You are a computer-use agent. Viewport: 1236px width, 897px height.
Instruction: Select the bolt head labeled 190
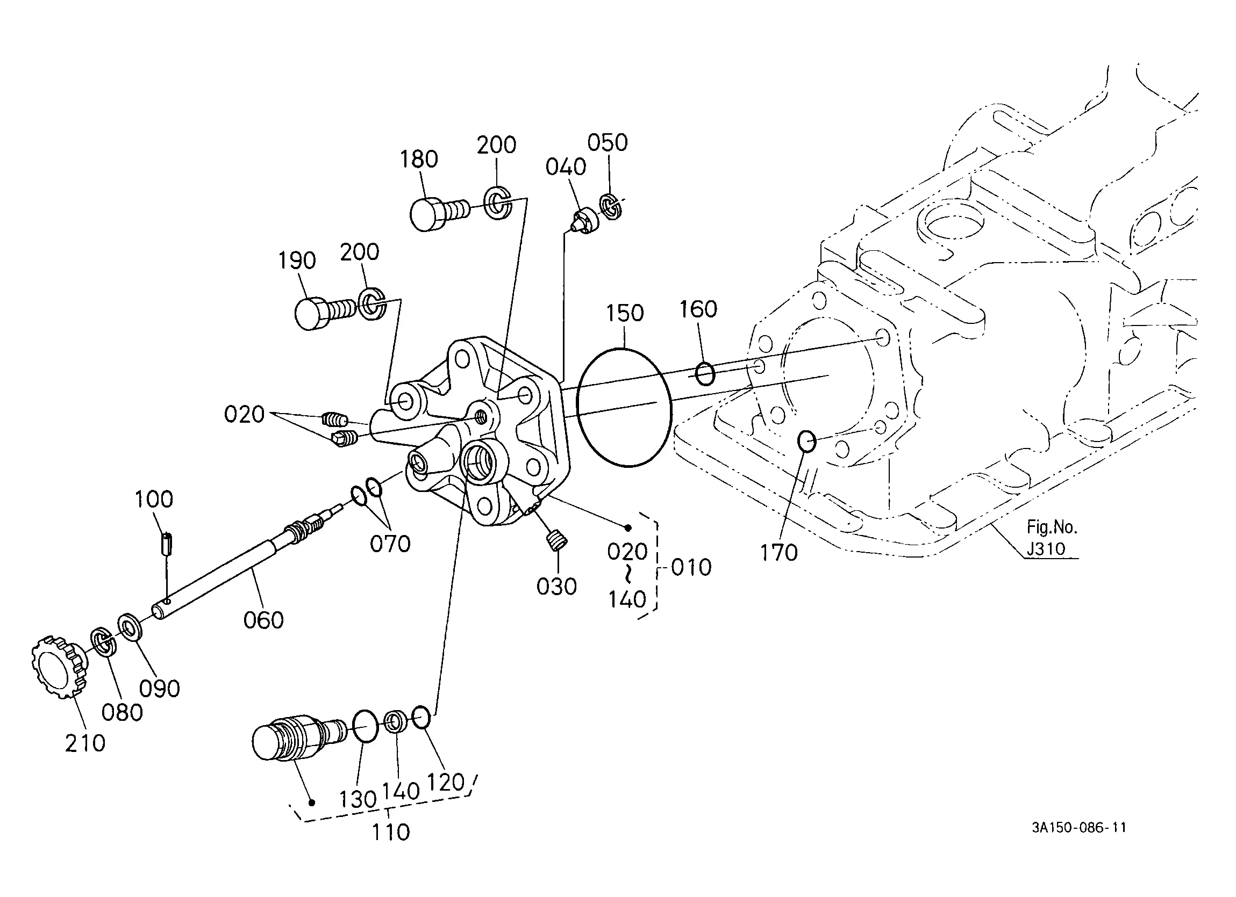(312, 313)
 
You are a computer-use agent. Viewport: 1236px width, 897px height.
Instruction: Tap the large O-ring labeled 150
(624, 407)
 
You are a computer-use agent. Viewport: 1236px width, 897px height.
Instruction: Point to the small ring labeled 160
(705, 374)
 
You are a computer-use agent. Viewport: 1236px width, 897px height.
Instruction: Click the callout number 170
(779, 553)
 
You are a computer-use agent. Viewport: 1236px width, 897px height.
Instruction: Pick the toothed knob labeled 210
(58, 666)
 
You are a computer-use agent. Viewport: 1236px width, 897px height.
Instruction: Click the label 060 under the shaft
(263, 620)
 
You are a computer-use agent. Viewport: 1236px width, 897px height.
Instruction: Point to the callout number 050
(607, 143)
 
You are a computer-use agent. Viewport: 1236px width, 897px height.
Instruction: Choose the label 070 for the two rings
(390, 544)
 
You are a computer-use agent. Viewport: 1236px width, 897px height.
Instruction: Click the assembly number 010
(691, 568)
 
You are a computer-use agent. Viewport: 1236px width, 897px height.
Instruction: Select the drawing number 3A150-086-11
(1078, 828)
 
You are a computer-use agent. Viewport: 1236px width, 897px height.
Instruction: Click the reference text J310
(1045, 548)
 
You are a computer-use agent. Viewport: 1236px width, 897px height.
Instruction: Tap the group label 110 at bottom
(390, 832)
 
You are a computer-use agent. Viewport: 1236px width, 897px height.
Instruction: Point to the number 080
(122, 712)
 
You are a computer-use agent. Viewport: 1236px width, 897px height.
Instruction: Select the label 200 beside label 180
(496, 146)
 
